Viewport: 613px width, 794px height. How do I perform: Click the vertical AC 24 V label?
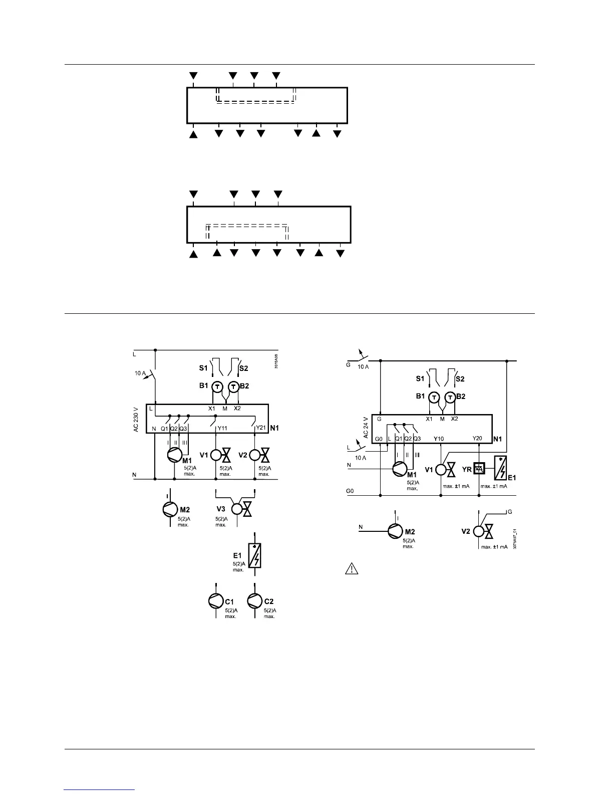366,428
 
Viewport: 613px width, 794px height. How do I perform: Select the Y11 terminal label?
222,428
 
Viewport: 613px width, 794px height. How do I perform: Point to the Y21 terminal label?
260,428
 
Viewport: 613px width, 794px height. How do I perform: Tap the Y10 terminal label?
439,439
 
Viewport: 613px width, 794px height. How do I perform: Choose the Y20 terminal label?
477,438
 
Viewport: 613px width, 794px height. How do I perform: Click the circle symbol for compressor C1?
215,601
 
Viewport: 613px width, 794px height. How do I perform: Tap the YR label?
467,469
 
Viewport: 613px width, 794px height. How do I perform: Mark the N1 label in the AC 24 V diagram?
498,439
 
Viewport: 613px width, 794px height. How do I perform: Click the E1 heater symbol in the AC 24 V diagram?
501,467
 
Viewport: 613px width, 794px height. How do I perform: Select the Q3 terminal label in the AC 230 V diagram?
183,429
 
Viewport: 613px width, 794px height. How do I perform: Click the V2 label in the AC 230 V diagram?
243,455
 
